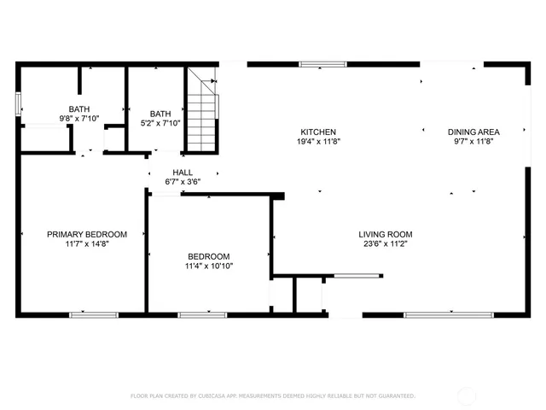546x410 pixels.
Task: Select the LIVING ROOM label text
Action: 386,234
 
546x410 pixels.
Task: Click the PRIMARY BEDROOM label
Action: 87,234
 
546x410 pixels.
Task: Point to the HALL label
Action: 183,172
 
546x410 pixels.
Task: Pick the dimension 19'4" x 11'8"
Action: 320,142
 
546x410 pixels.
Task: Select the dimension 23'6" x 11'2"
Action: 386,244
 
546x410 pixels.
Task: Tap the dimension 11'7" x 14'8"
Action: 87,244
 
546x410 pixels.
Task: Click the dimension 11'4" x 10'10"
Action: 209,266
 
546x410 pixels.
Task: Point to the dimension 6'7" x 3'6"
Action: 183,182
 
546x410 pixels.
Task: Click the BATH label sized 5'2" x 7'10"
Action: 160,114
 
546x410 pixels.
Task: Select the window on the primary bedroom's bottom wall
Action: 93,314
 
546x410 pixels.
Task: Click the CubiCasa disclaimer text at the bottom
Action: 272,395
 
